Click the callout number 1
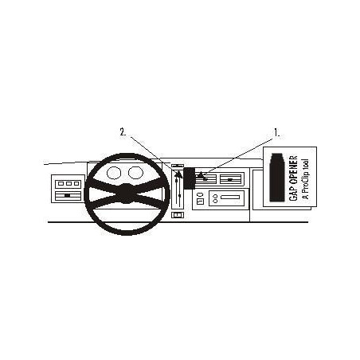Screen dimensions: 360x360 point(276,132)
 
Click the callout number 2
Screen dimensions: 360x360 point(123,132)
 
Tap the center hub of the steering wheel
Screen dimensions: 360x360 point(127,194)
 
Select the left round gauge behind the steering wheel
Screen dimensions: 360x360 point(114,173)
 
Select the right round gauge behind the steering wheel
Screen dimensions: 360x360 point(135,172)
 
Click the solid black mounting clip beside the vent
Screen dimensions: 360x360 point(190,178)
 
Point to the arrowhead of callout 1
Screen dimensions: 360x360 point(202,175)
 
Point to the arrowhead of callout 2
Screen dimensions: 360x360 point(178,174)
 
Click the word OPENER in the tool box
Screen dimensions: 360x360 point(293,171)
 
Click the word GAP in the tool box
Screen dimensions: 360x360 point(293,194)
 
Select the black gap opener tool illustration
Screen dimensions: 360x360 point(276,177)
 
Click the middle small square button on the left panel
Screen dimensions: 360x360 point(68,183)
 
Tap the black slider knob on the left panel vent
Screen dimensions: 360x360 point(68,195)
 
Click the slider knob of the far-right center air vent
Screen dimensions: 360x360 point(230,180)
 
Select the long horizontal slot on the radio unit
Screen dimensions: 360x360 point(230,198)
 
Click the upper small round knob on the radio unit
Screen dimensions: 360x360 point(215,196)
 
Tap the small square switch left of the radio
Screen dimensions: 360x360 point(200,202)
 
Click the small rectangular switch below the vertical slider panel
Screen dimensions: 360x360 point(178,214)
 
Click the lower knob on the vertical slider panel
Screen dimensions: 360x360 point(180,196)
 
